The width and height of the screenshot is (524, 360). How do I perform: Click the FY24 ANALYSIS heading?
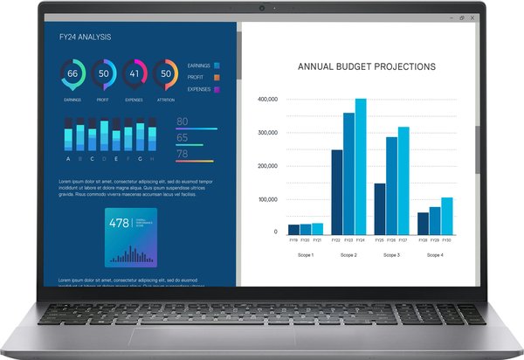point(85,38)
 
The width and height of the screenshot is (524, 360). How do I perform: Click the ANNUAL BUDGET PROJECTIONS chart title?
point(366,66)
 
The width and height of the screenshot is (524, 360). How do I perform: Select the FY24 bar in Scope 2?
point(361,166)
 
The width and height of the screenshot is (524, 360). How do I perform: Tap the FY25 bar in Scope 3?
point(379,208)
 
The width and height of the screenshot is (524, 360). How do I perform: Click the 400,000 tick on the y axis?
point(267,100)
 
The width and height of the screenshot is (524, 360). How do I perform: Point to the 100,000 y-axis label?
point(267,199)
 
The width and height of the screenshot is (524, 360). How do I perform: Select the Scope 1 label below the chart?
point(305,255)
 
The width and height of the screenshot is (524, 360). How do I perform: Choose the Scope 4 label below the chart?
point(435,255)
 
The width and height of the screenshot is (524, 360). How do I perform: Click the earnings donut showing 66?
point(72,73)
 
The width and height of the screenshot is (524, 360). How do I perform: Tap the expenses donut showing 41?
point(134,73)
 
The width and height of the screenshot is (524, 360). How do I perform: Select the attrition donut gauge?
point(165,73)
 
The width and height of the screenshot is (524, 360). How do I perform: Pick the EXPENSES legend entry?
point(203,89)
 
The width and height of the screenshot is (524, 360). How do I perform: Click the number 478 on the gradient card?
point(119,222)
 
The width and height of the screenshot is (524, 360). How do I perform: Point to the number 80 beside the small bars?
point(183,121)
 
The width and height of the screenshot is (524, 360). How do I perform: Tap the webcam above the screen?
point(261,8)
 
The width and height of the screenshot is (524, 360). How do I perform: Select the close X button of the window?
point(472,17)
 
